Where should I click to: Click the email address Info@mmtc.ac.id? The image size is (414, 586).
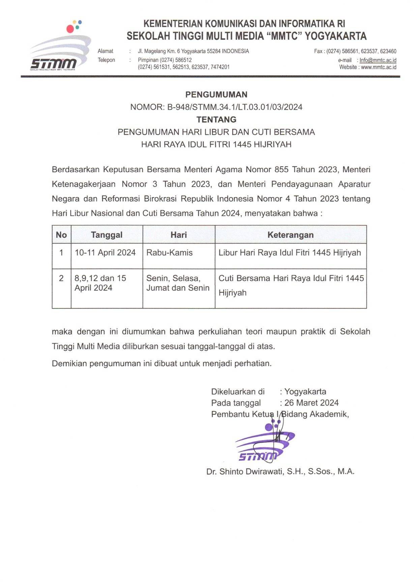[x=378, y=60]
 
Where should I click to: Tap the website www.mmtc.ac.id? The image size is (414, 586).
[x=378, y=67]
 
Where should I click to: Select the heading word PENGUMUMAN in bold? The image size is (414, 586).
[x=216, y=95]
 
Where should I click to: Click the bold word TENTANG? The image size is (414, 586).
[x=216, y=120]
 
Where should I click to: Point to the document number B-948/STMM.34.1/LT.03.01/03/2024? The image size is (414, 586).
[x=235, y=107]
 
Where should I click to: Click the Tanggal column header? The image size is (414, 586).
[x=107, y=235]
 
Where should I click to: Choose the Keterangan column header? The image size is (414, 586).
[x=290, y=235]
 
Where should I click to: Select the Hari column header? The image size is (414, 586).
[x=178, y=235]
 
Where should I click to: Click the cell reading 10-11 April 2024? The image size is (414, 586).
[x=105, y=253]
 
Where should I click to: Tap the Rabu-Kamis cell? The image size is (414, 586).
[x=169, y=253]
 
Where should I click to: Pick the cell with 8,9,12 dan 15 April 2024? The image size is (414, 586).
[x=100, y=283]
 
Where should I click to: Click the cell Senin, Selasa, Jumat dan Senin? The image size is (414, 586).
[x=178, y=283]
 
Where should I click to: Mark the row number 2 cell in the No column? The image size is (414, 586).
[x=61, y=278]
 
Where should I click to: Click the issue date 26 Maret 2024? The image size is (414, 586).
[x=311, y=403]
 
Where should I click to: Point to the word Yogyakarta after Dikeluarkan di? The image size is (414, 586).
[x=305, y=392]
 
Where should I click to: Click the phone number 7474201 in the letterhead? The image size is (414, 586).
[x=220, y=67]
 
